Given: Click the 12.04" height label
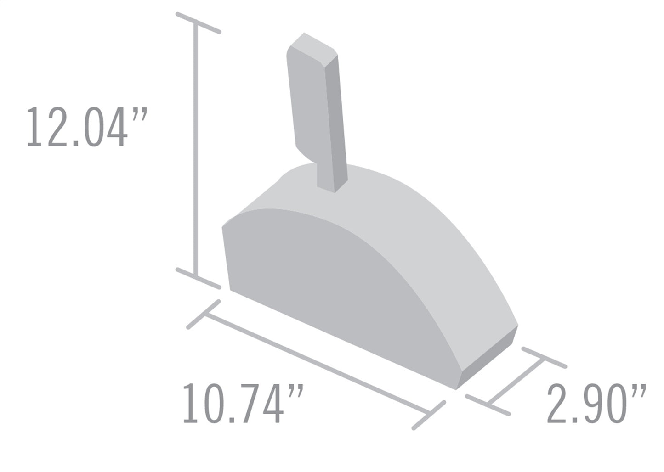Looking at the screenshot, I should click(86, 127).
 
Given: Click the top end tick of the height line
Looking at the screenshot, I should click(199, 23).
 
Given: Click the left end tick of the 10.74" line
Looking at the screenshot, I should click(204, 315).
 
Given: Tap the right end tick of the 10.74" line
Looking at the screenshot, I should click(429, 415).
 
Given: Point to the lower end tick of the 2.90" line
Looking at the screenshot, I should click(488, 405).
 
